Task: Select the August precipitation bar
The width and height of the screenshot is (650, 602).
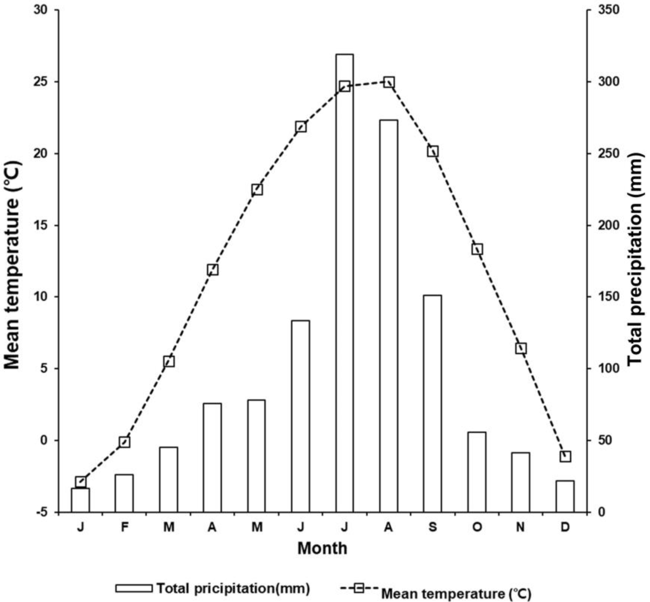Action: coord(389,316)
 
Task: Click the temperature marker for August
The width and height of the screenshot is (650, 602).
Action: coord(389,82)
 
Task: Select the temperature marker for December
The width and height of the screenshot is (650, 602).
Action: coord(565,456)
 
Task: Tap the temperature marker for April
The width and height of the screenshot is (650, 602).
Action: coord(213,270)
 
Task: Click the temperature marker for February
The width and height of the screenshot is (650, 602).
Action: coord(124,442)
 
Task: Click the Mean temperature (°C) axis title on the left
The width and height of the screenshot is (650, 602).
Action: coord(12,264)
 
